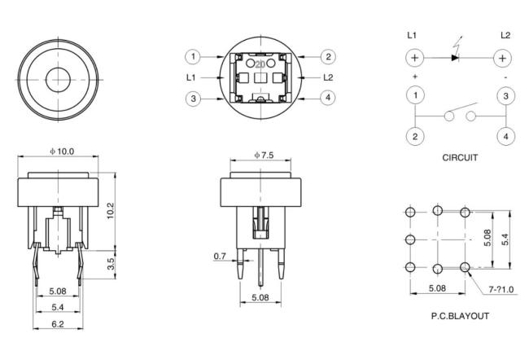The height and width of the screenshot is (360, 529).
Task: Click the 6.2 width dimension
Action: [x=58, y=323]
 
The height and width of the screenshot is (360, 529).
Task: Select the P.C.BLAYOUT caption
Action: [x=460, y=316]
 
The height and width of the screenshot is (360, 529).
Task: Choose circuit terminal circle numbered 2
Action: [x=415, y=136]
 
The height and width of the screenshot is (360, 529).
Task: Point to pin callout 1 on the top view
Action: [x=192, y=56]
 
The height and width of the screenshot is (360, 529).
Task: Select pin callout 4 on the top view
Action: [x=327, y=99]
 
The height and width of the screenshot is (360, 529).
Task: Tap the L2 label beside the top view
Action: [x=328, y=77]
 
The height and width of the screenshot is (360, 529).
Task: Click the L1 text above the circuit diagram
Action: [x=413, y=35]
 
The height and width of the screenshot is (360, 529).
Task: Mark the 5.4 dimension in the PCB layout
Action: [x=505, y=239]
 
